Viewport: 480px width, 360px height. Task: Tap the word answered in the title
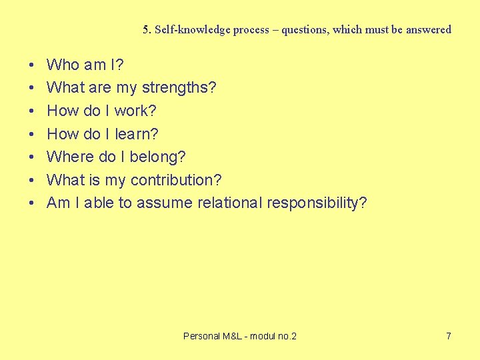coord(428,30)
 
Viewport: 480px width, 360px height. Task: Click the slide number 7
coord(449,336)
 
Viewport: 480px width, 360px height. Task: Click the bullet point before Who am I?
coord(32,65)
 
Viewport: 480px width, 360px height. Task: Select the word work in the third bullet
coord(132,111)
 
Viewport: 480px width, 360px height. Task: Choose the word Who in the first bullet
coord(63,65)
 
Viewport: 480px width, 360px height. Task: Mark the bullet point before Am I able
coord(32,203)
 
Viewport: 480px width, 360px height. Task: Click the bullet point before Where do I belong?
coord(32,157)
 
